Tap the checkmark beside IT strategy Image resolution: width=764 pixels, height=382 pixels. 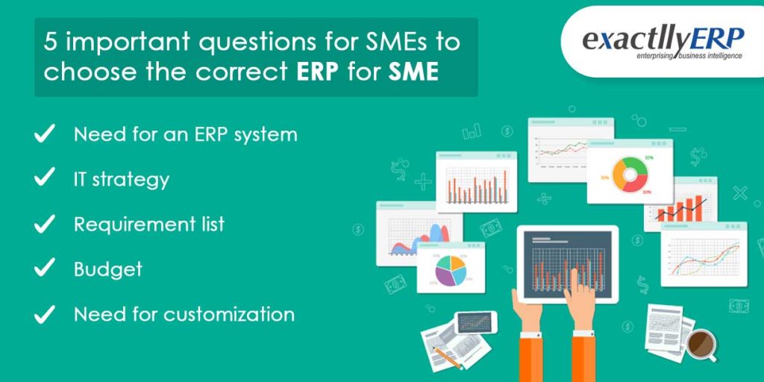[46, 178]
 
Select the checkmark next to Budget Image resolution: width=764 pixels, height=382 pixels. [46, 269]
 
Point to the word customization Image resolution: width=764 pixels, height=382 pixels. [229, 314]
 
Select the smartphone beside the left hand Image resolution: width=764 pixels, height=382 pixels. [475, 322]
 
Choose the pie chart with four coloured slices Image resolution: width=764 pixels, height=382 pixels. [450, 270]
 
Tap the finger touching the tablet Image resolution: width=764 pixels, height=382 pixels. [574, 277]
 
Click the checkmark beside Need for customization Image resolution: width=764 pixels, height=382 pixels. [46, 314]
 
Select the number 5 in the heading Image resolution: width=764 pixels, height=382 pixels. [50, 42]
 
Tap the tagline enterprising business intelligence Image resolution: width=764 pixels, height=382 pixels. [678, 56]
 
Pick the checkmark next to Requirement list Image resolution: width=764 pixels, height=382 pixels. [46, 224]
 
